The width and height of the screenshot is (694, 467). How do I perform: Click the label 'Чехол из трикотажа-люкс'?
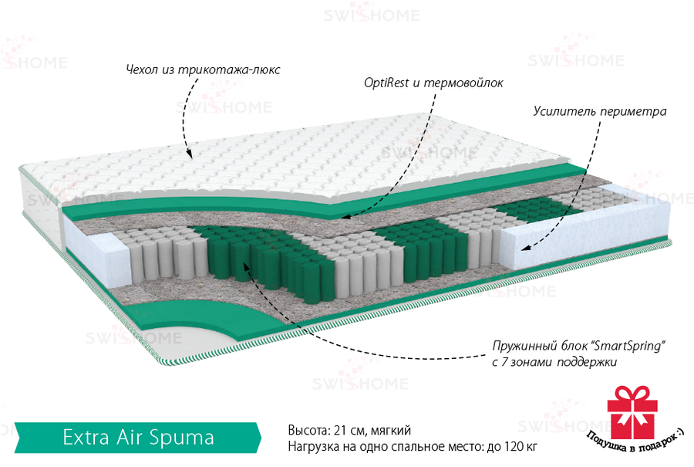click(203, 69)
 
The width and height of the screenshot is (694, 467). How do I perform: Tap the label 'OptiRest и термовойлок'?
click(433, 83)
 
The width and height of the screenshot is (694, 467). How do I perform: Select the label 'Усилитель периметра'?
click(600, 111)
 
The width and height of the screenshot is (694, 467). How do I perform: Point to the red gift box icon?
click(632, 412)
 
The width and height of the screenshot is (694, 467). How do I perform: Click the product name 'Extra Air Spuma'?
click(138, 438)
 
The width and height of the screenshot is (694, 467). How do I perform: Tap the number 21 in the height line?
click(340, 430)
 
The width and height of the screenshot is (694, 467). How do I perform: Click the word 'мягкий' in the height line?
click(391, 431)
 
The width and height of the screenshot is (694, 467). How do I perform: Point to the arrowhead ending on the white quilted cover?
click(189, 154)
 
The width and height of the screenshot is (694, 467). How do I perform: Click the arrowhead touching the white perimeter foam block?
click(525, 247)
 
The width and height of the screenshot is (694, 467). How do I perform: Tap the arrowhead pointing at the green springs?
click(244, 265)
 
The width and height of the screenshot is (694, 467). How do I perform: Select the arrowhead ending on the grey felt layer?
click(346, 217)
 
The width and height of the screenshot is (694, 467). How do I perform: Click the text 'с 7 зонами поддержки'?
click(554, 362)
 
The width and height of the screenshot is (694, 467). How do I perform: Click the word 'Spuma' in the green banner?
click(181, 438)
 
